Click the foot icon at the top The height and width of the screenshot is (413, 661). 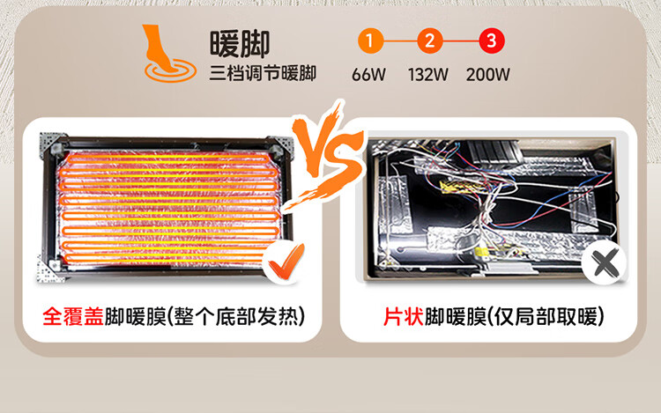click(x=165, y=52)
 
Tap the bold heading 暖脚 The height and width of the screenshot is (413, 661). click(x=239, y=42)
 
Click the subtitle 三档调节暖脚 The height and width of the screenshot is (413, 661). click(x=262, y=73)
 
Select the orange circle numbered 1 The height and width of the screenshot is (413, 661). click(x=371, y=41)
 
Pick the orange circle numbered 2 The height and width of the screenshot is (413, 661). click(x=429, y=41)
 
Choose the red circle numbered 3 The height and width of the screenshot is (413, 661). click(x=490, y=41)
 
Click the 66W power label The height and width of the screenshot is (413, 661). click(x=370, y=74)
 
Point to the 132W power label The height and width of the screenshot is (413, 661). click(x=428, y=74)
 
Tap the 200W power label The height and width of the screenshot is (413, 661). click(x=488, y=74)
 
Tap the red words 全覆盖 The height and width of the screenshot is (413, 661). click(x=72, y=315)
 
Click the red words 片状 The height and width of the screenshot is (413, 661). click(x=403, y=315)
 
